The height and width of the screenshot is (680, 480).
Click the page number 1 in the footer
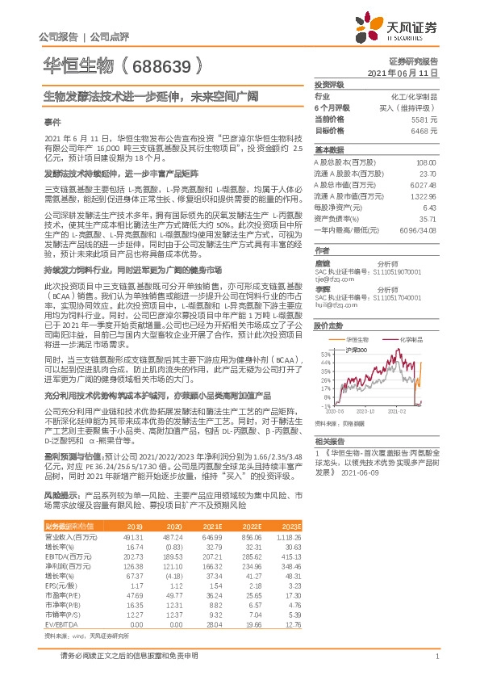tap(436, 657)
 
